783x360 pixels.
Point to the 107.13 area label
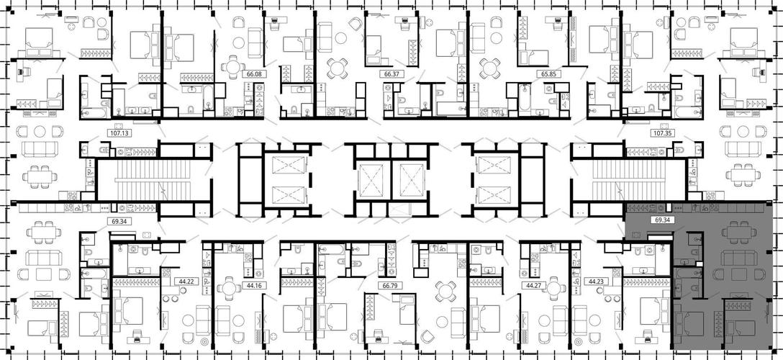[118, 133]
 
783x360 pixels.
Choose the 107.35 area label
[663, 133]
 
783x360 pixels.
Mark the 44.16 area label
[254, 286]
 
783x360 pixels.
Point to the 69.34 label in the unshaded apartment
[119, 220]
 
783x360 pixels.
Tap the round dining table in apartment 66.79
[445, 290]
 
